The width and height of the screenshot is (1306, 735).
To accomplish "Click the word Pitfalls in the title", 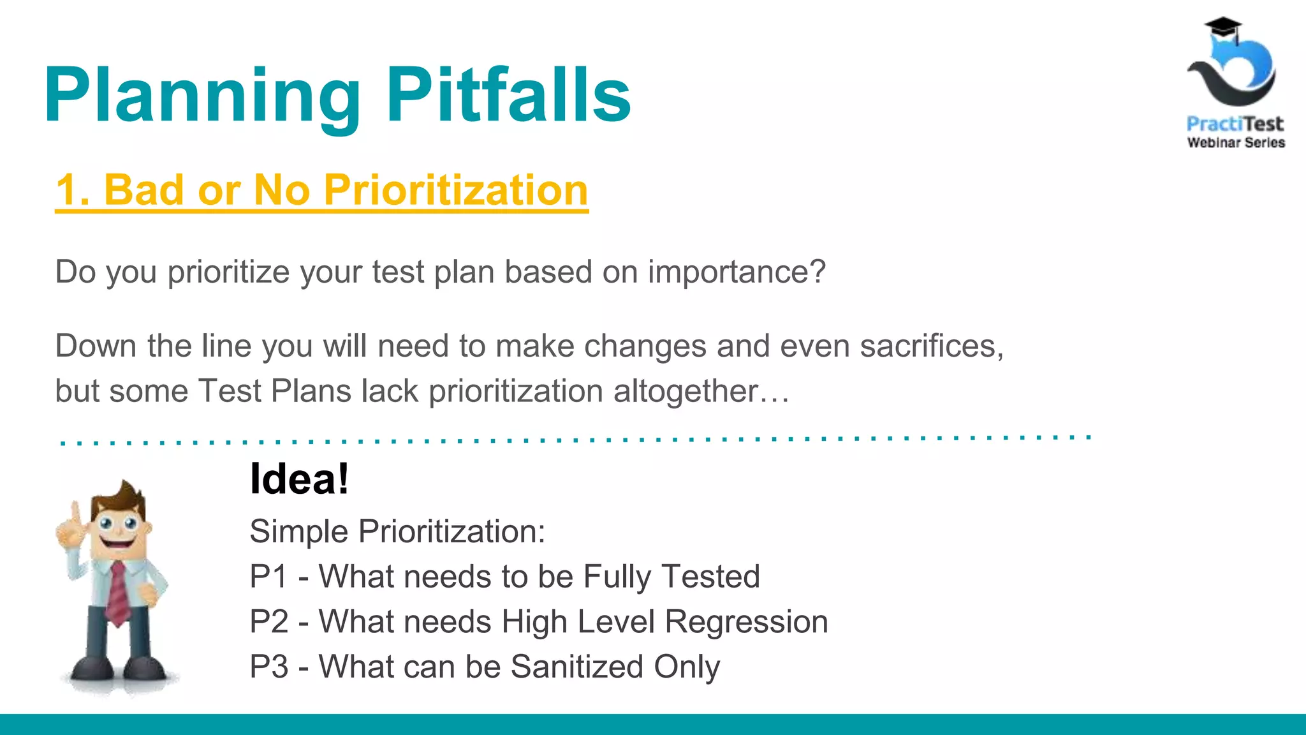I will point(508,96).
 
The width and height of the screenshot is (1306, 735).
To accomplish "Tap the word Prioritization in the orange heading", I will point(455,190).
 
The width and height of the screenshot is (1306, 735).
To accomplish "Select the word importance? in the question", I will point(737,272).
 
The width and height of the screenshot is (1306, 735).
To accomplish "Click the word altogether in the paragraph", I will point(686,391).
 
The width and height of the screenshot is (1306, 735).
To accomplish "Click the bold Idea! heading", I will point(299,479).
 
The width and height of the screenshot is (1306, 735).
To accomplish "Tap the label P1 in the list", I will point(268,577).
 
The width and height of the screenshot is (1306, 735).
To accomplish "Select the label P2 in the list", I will point(268,621).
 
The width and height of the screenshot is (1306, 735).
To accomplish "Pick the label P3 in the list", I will point(268,667).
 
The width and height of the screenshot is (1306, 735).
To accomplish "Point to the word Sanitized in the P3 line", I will point(576,667).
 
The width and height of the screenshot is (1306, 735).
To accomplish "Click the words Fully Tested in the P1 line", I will point(671,577).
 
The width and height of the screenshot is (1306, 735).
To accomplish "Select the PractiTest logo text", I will point(1235,123).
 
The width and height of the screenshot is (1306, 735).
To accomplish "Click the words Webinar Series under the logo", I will point(1236,143).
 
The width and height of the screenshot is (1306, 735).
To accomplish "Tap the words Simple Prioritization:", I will point(397,531).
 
